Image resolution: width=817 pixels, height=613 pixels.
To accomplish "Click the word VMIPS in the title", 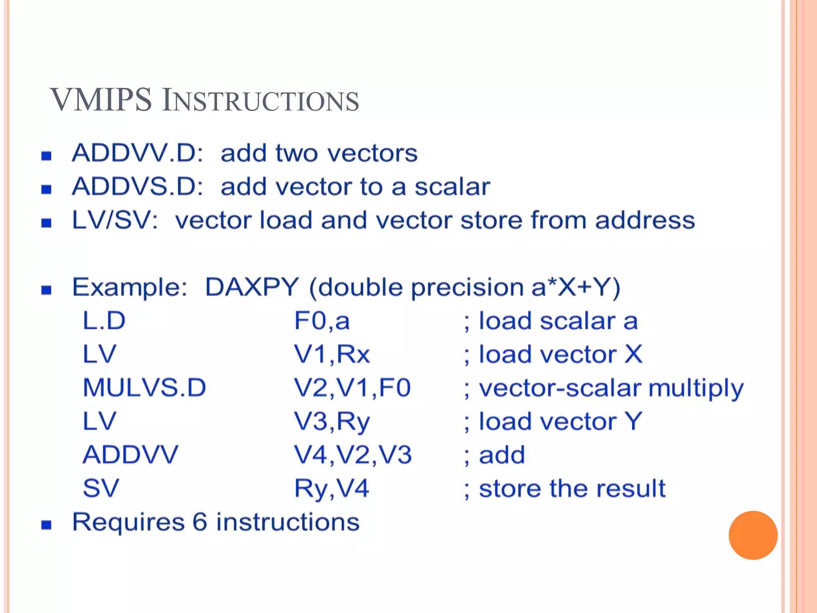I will click(x=101, y=100).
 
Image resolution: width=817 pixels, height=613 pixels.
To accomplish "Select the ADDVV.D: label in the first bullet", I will click(x=137, y=153).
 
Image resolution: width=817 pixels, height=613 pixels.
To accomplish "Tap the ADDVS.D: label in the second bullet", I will click(x=137, y=186).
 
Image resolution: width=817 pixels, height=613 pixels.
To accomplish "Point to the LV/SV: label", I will click(x=115, y=220).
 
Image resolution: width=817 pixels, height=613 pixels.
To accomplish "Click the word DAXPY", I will click(x=252, y=287).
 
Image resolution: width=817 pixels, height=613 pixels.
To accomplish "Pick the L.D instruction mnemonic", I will click(x=104, y=320).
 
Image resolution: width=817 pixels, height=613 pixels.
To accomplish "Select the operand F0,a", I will click(x=322, y=320).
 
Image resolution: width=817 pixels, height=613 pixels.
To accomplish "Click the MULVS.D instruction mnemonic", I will click(x=144, y=388).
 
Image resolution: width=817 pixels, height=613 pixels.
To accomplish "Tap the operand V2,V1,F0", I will click(x=352, y=388).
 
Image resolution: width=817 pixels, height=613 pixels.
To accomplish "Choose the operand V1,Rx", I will click(x=332, y=354).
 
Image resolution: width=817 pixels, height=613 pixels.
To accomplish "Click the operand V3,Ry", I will click(x=332, y=422).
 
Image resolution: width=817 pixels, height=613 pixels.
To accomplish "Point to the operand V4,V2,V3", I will click(x=353, y=455).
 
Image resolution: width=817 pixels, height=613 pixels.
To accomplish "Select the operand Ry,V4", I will click(x=332, y=488).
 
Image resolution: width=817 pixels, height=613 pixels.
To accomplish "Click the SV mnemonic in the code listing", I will click(x=101, y=488).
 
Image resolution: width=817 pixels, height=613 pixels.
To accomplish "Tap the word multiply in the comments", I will click(x=696, y=388).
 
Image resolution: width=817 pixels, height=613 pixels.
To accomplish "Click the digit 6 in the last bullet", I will click(x=199, y=522).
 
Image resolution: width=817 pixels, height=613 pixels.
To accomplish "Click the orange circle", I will click(x=753, y=535).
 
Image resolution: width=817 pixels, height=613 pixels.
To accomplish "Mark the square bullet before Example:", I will click(x=46, y=289).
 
